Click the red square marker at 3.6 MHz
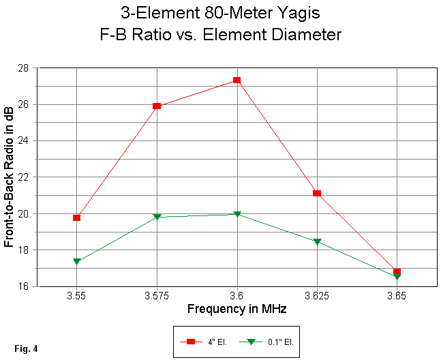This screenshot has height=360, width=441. click(237, 80)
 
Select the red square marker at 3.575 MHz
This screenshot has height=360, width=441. click(157, 106)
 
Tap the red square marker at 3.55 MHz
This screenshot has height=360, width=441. click(77, 217)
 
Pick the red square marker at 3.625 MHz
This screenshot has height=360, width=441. click(317, 194)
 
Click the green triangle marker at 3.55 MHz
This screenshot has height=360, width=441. click(77, 261)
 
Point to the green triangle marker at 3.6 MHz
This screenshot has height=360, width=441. click(237, 214)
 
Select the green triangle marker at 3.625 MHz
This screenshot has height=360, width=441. click(317, 241)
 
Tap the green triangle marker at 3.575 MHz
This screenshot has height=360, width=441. click(157, 216)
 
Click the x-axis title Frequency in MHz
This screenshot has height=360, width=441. click(237, 310)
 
